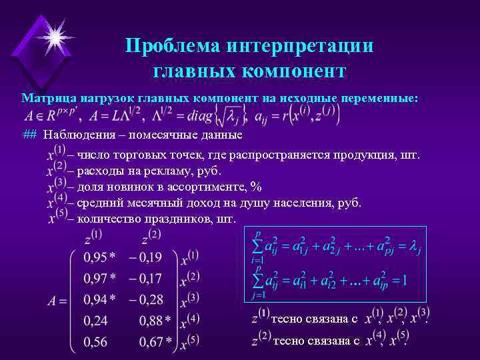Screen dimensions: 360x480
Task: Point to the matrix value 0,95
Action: [x=96, y=257]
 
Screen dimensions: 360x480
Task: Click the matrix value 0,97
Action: [x=96, y=278]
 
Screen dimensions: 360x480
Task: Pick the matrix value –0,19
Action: [x=145, y=257]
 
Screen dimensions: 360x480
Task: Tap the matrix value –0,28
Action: [x=145, y=299]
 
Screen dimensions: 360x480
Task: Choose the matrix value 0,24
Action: [x=96, y=321]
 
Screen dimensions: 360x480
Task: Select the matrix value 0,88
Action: [x=151, y=321]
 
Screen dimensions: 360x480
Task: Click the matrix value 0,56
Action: [x=96, y=343]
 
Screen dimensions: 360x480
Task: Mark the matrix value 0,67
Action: [x=151, y=343]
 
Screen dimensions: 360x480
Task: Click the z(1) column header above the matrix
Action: [x=93, y=236]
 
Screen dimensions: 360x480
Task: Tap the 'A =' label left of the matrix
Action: [x=57, y=301]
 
